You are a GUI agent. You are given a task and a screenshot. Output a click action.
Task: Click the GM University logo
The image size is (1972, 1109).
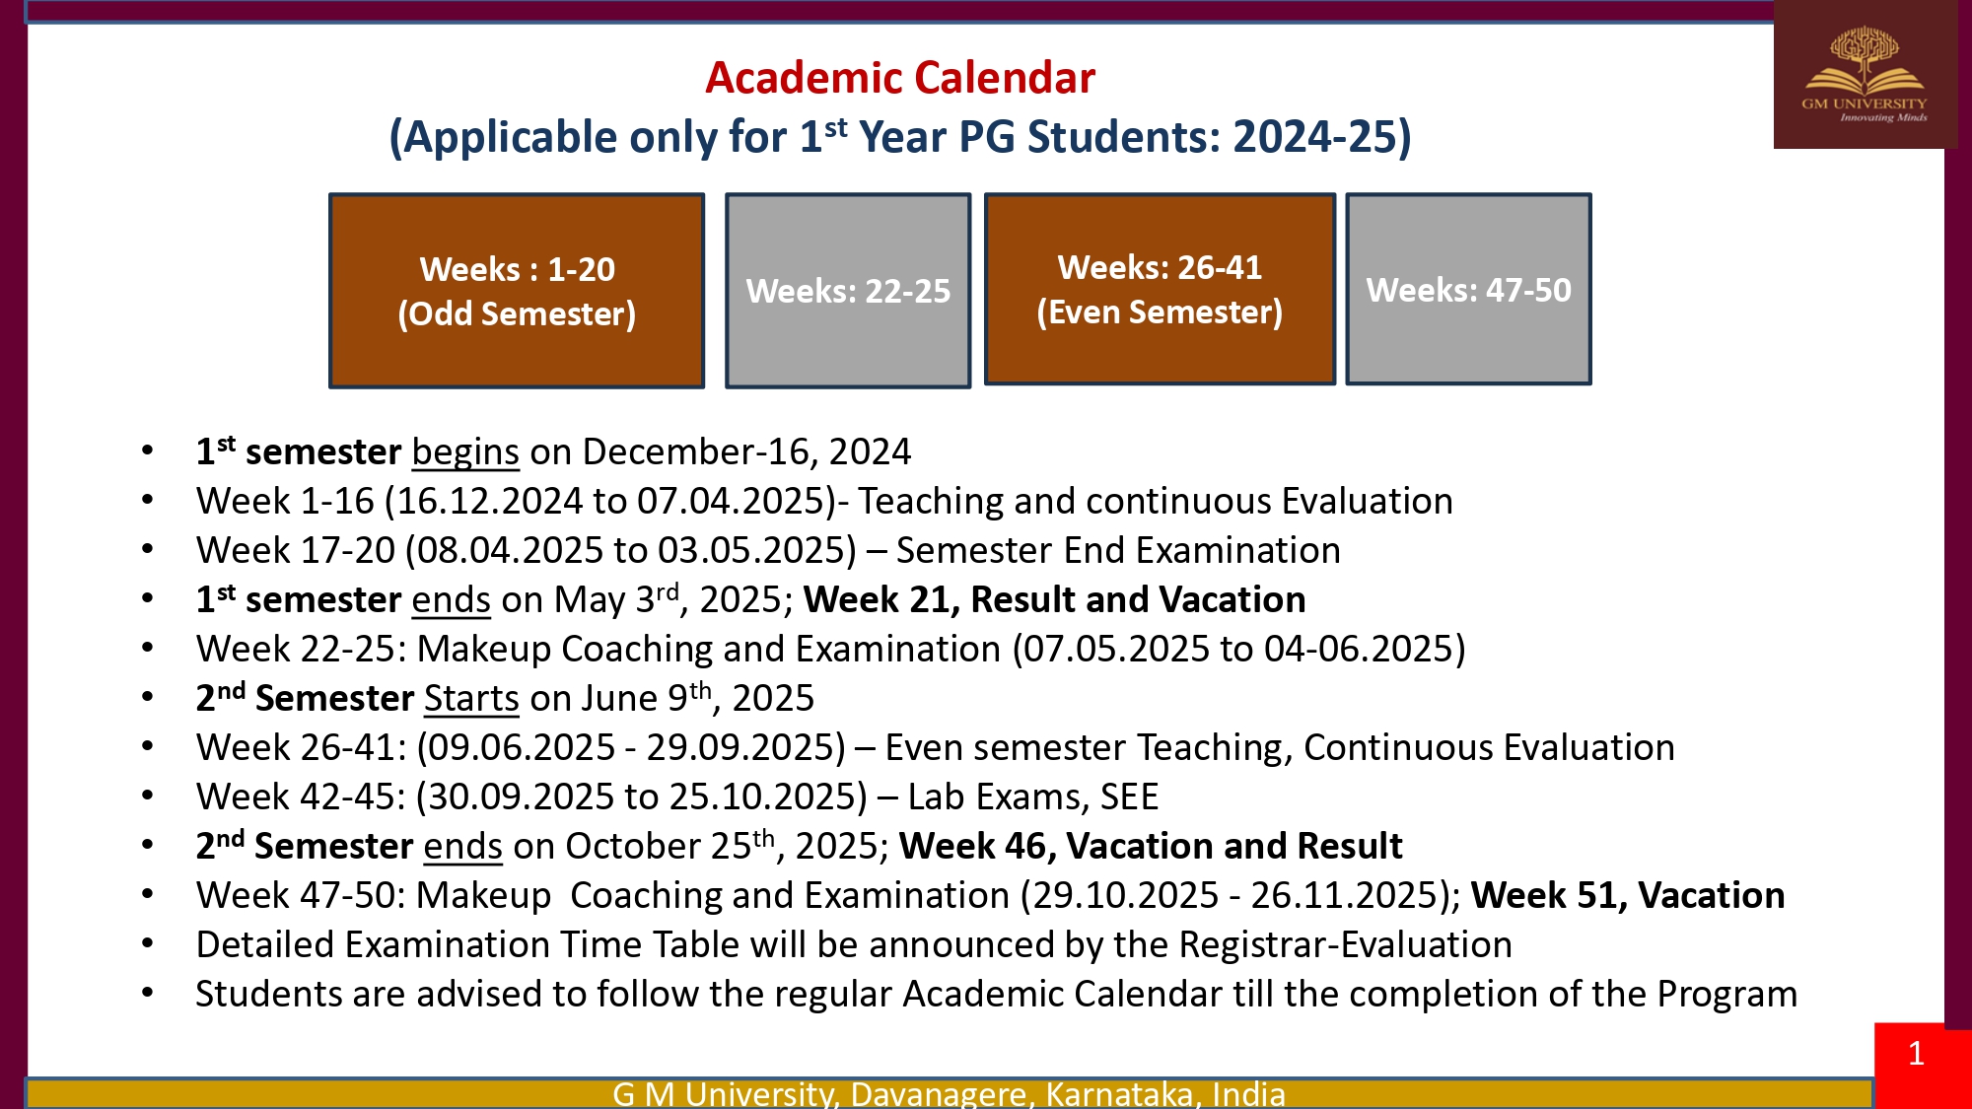click(x=1865, y=75)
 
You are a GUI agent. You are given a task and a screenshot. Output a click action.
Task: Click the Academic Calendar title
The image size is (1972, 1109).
click(x=900, y=78)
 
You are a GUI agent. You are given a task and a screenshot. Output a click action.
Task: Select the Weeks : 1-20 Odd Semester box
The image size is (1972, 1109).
click(x=517, y=291)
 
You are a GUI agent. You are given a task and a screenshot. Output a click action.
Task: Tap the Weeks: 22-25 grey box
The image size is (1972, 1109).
click(x=848, y=291)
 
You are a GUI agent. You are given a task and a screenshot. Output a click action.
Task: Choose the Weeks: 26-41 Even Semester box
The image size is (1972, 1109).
click(x=1160, y=289)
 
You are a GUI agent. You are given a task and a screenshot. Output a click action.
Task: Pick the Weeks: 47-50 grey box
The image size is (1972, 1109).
click(x=1468, y=289)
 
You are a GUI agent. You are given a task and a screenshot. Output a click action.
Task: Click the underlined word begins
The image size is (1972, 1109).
click(x=465, y=452)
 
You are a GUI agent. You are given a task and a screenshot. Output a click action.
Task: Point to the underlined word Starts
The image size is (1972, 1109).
click(x=471, y=698)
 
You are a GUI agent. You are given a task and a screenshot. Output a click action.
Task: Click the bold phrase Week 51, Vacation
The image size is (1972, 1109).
click(x=1628, y=895)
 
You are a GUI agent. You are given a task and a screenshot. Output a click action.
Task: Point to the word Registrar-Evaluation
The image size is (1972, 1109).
click(x=1346, y=944)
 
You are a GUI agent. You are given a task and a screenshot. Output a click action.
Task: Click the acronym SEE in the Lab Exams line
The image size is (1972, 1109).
click(x=1130, y=797)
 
